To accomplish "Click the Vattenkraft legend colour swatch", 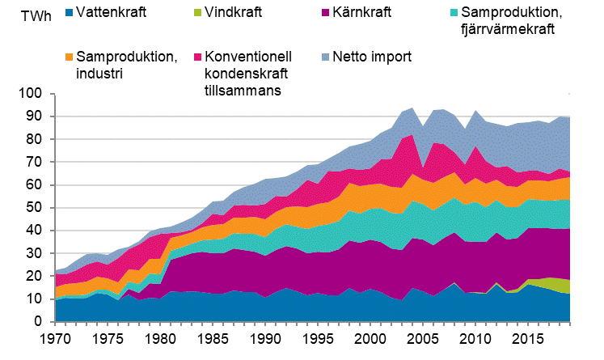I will (58, 13).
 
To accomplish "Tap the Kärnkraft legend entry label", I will (370, 13).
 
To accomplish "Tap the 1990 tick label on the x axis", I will (265, 336).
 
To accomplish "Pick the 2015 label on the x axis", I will (529, 336).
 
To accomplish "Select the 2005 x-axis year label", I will (424, 336).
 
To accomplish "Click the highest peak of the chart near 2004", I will (413, 108).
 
